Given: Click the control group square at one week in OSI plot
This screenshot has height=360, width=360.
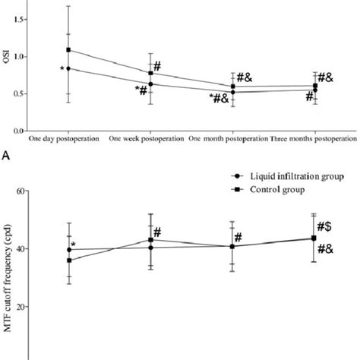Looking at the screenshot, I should [x=150, y=73].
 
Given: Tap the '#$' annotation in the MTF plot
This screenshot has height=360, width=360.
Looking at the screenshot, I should [x=327, y=226].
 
